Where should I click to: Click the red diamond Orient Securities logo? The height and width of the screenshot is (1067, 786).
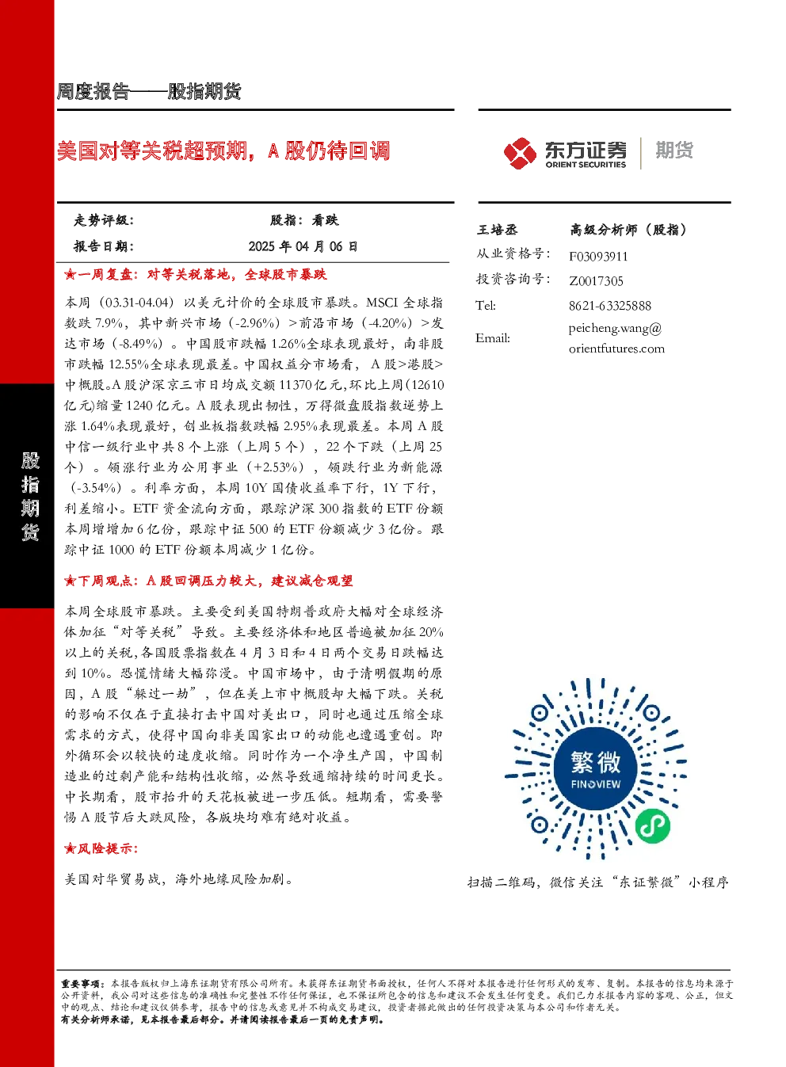pyautogui.click(x=521, y=153)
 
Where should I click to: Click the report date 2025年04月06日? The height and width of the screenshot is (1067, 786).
pyautogui.click(x=303, y=246)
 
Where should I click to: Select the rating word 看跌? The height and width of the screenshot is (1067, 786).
pyautogui.click(x=325, y=220)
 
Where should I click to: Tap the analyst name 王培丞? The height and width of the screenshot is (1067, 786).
pyautogui.click(x=497, y=230)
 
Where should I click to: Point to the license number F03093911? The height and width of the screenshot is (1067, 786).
pyautogui.click(x=598, y=257)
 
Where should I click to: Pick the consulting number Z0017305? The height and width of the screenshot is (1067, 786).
pyautogui.click(x=596, y=281)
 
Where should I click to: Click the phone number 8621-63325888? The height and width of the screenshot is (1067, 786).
pyautogui.click(x=610, y=306)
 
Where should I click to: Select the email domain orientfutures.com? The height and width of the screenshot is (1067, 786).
pyautogui.click(x=616, y=349)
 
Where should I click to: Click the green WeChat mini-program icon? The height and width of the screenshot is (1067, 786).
pyautogui.click(x=652, y=826)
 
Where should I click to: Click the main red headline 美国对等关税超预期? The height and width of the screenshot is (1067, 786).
pyautogui.click(x=152, y=151)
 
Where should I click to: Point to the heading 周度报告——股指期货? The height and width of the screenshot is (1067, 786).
pyautogui.click(x=149, y=91)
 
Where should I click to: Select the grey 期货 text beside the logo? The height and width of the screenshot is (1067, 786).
pyautogui.click(x=674, y=150)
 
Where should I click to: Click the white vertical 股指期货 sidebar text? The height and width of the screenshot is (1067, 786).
pyautogui.click(x=30, y=497)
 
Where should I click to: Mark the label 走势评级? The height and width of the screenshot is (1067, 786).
pyautogui.click(x=103, y=220)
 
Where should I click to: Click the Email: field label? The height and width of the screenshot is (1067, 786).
pyautogui.click(x=493, y=338)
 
